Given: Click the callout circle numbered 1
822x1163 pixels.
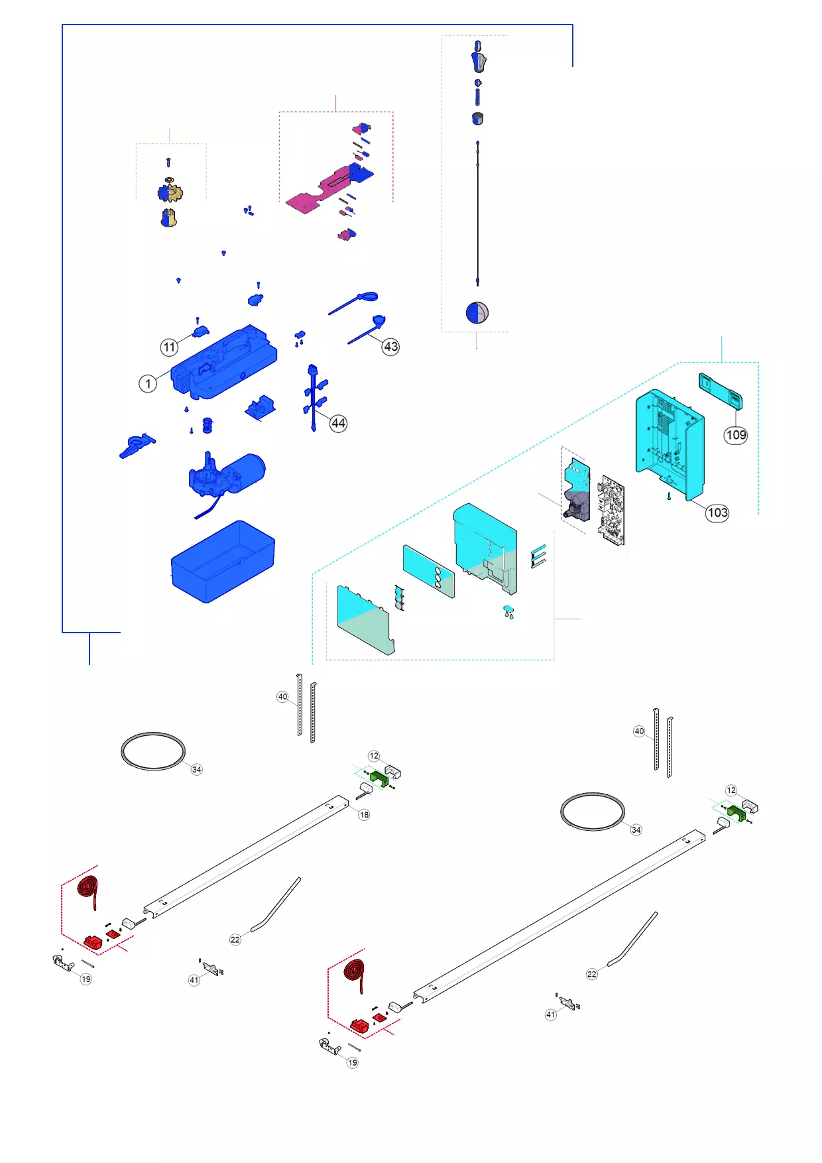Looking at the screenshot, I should point(148,383).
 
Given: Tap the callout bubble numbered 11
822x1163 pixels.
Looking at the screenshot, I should point(170,347).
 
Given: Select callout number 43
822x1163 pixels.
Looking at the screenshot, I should point(391,346).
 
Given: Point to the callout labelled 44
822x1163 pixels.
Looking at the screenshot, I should point(339,423).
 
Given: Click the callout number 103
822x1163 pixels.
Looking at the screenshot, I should point(717,513).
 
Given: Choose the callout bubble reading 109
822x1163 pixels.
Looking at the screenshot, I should point(736,435).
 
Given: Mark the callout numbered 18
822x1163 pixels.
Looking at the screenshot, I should point(364,814).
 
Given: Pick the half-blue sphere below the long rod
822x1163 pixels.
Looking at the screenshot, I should point(477,312).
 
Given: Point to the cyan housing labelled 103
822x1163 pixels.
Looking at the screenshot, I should point(668,441).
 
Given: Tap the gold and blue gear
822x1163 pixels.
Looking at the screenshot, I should point(170,193).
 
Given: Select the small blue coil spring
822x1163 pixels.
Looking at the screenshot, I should point(207,424).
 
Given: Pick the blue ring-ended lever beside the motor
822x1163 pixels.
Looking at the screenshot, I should point(137,445).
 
